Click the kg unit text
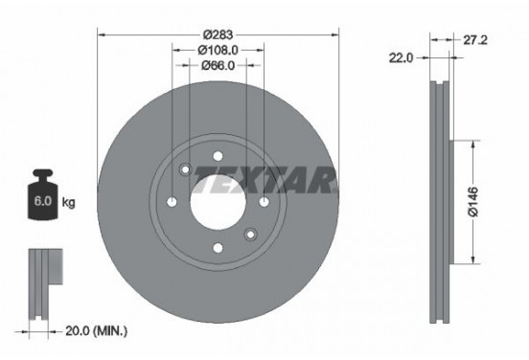[69, 204]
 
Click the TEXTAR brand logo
[267, 177]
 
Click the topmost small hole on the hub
[218, 154]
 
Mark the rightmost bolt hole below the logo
[264, 202]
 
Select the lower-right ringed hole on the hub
[251, 235]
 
